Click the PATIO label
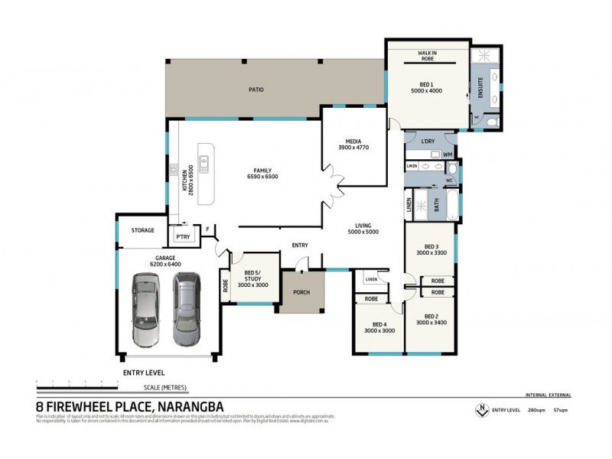click(x=256, y=90)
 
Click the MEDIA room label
click(x=353, y=142)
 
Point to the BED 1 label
click(x=427, y=84)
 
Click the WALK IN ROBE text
click(x=427, y=56)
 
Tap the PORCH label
click(x=301, y=291)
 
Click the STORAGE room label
click(x=142, y=230)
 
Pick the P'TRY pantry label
click(x=183, y=237)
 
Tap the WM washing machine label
click(x=448, y=154)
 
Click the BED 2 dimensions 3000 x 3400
click(x=431, y=324)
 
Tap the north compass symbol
click(x=481, y=409)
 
